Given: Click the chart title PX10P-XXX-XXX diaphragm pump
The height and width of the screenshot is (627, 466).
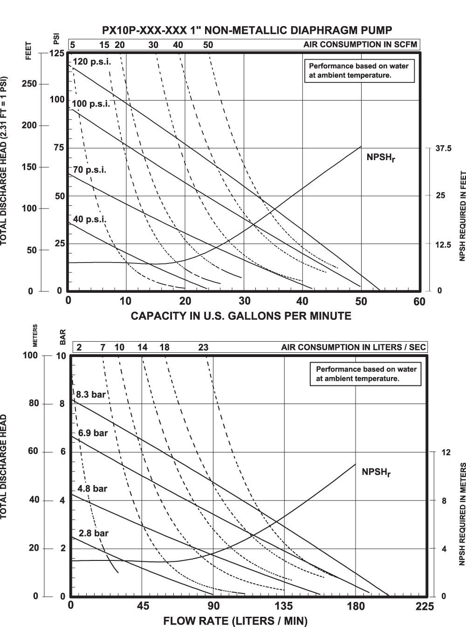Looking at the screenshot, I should click(x=247, y=30).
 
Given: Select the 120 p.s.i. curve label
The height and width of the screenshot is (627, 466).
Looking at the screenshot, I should click(x=92, y=62).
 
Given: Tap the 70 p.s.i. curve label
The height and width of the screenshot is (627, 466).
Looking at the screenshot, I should click(x=89, y=170).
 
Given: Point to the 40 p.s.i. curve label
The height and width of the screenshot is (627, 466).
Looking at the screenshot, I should click(x=89, y=219).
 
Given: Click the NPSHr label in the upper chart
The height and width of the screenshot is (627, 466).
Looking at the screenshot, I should click(x=381, y=157).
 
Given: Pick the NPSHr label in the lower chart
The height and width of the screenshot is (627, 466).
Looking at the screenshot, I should click(x=376, y=472).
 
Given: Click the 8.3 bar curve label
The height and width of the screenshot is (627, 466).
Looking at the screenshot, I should click(x=91, y=395).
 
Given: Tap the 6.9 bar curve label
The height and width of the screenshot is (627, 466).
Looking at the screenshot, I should click(x=93, y=433).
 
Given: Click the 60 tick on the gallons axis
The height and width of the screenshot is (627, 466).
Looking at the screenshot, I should click(x=419, y=302).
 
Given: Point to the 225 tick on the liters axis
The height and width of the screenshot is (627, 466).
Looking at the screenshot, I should click(x=425, y=606).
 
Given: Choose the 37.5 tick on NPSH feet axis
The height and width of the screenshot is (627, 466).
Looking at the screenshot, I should click(x=444, y=148).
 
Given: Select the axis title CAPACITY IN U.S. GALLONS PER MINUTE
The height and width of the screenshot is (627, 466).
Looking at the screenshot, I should click(x=241, y=316).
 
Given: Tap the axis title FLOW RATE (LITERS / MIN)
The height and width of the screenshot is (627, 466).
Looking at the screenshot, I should click(x=235, y=621).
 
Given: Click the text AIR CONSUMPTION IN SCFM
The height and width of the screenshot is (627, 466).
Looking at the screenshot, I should click(x=360, y=45).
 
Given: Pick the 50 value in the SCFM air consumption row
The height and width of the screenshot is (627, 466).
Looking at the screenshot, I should click(x=208, y=45).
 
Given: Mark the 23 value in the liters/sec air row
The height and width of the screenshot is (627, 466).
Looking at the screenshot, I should click(x=203, y=347).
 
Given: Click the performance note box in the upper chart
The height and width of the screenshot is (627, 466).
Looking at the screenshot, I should click(x=359, y=70).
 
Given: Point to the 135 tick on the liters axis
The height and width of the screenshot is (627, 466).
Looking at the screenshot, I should click(x=284, y=606).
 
